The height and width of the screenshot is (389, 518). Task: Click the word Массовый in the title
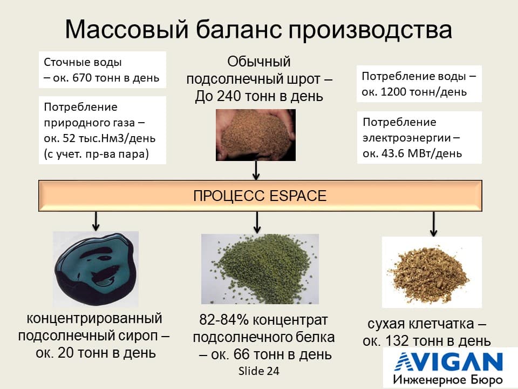127,30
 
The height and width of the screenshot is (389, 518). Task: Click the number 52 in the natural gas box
69,138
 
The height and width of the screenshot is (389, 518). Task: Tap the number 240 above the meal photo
228,96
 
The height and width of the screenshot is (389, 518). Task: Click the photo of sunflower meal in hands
256,135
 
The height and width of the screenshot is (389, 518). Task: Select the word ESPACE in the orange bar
298,196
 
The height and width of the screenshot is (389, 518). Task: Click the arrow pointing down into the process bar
256,170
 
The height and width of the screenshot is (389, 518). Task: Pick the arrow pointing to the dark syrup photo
96,221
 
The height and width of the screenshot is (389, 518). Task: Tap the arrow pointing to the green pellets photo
257,222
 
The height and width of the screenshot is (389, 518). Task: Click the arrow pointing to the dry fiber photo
434,224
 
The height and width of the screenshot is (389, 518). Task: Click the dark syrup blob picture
96,268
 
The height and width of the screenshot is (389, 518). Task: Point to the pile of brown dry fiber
430,271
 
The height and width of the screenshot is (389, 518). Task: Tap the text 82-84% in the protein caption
224,320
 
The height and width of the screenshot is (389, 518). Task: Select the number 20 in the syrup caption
65,353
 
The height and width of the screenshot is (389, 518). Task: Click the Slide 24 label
259,371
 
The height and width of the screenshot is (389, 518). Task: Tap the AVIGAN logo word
448,362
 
